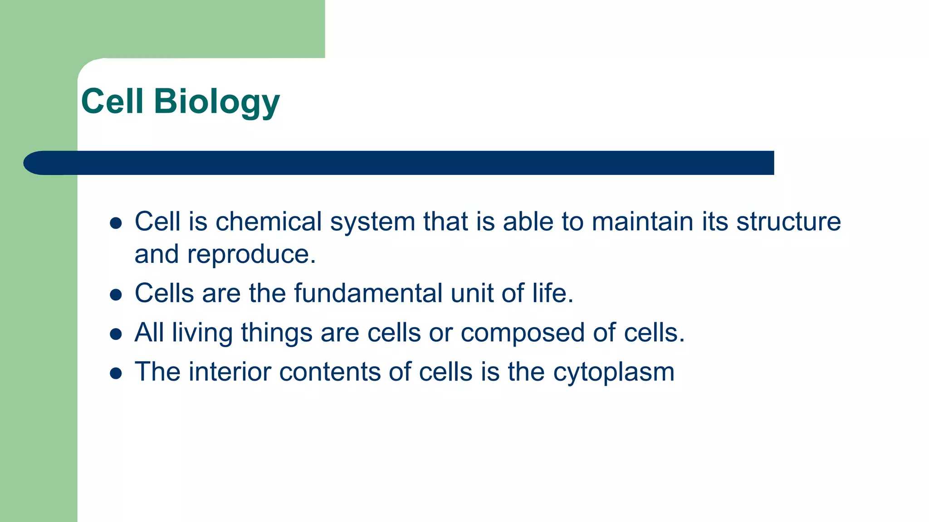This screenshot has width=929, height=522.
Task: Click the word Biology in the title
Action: (x=216, y=101)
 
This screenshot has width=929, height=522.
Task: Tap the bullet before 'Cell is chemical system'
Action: (x=116, y=223)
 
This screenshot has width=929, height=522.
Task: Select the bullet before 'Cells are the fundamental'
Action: (x=116, y=295)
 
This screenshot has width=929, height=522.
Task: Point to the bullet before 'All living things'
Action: (x=116, y=334)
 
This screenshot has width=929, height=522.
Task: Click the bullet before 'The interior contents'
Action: (x=116, y=373)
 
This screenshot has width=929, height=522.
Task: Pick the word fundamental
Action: (x=368, y=293)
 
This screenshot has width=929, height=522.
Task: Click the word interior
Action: (x=230, y=372)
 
